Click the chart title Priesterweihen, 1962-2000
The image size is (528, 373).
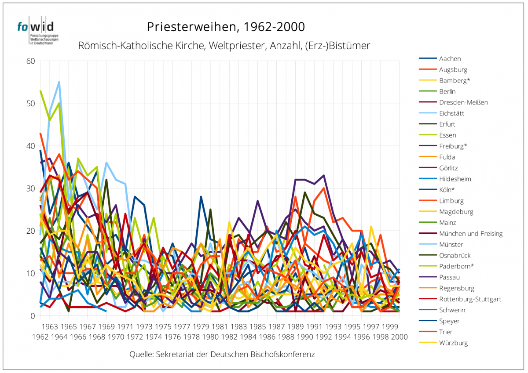click(226, 27)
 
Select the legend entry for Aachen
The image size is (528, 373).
click(450, 58)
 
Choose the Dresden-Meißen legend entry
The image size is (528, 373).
click(463, 102)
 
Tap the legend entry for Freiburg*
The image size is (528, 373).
click(453, 146)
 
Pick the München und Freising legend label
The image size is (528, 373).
click(471, 234)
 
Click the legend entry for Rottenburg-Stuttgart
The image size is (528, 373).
click(470, 299)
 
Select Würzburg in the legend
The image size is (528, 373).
click(453, 343)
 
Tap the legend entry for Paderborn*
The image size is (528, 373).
click(456, 266)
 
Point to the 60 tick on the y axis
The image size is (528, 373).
click(30, 61)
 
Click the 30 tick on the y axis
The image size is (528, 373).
click(30, 188)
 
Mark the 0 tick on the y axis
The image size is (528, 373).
click(32, 316)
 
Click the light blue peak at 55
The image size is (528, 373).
click(59, 82)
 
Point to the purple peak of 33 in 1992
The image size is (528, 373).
click(323, 176)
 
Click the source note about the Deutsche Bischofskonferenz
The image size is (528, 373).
click(222, 354)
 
